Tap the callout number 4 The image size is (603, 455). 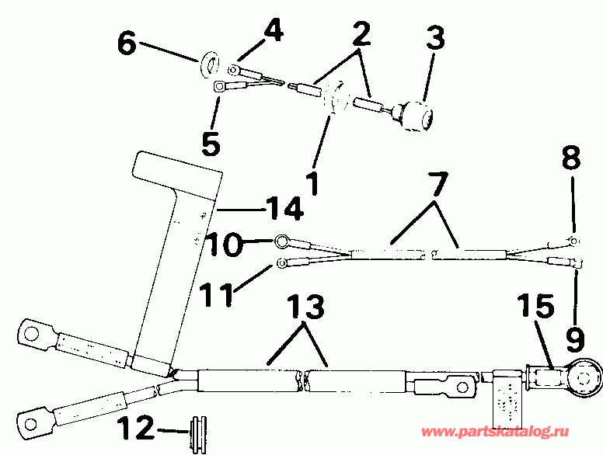point(273,31)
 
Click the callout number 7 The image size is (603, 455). point(437,185)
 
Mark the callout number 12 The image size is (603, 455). point(138,429)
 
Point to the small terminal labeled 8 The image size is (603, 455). point(573,242)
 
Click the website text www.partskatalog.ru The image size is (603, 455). point(508,432)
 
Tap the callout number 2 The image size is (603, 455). point(359,33)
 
